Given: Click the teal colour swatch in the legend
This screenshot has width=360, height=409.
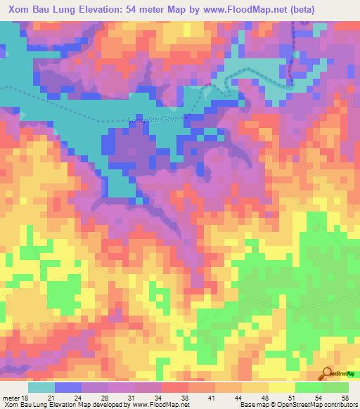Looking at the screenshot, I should pos(41,387).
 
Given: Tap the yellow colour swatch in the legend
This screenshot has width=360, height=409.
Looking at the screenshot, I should pos(281,387).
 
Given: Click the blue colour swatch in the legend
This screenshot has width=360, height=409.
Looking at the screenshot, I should pos(68,387).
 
